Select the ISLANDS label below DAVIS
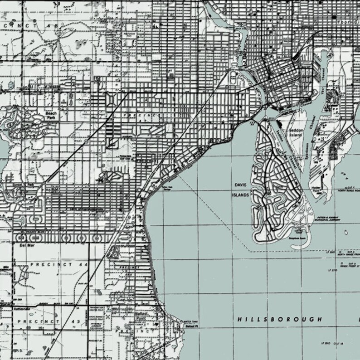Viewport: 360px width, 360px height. pos(241,195)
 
